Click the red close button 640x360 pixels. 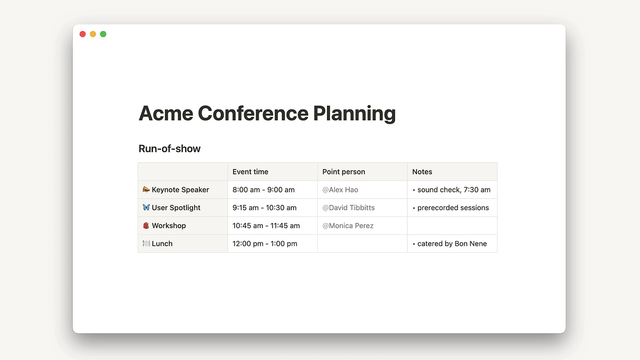(x=83, y=34)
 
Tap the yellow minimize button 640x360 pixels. (x=93, y=34)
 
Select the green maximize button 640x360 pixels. (x=103, y=34)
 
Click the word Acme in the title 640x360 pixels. (x=166, y=114)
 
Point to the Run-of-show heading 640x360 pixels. (x=170, y=149)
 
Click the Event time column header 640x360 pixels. (x=250, y=172)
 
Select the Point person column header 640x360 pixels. (x=343, y=172)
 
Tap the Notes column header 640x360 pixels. (x=422, y=172)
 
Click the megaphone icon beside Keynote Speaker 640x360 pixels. (x=146, y=189)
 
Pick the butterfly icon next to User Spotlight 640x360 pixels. (x=146, y=207)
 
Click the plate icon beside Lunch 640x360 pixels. (x=146, y=243)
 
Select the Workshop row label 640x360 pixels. (x=169, y=226)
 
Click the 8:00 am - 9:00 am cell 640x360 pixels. (x=263, y=190)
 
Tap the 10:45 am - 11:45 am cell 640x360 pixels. (x=266, y=226)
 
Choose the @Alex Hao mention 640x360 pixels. (x=340, y=190)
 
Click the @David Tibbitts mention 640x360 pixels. (x=348, y=207)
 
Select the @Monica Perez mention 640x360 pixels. (x=348, y=226)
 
